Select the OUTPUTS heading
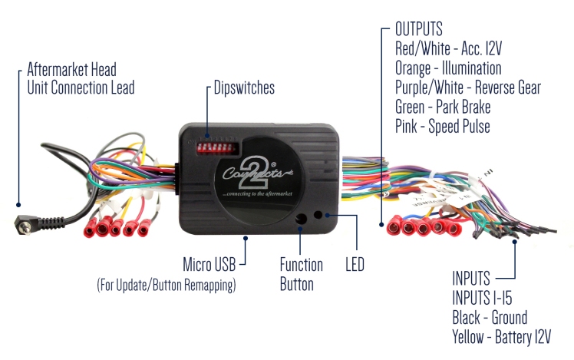[x=418, y=30]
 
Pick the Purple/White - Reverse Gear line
[x=467, y=88]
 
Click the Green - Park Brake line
[x=443, y=107]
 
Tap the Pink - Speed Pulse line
[x=442, y=125]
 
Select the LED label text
[x=354, y=266]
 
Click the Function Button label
[x=301, y=274]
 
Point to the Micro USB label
[x=208, y=265]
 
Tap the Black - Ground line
[x=490, y=316]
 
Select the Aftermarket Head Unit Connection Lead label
[x=81, y=78]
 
